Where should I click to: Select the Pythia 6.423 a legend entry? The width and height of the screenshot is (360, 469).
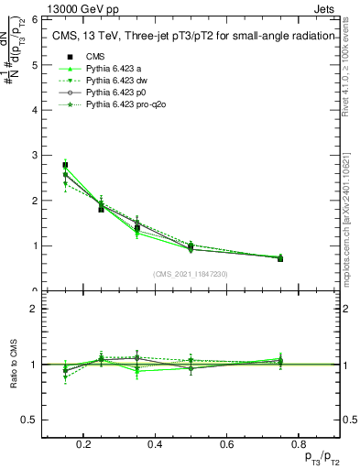[x=115, y=69]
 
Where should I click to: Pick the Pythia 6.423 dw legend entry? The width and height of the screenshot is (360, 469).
[x=116, y=82]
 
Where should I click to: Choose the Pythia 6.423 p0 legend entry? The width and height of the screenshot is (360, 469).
[x=115, y=93]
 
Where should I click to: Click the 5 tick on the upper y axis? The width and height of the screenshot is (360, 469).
[x=35, y=65]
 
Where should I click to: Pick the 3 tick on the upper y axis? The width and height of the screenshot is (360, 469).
[x=35, y=156]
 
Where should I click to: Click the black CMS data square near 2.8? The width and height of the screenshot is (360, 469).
[x=65, y=165]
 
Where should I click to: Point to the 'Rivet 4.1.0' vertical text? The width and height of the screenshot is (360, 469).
[x=349, y=64]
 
